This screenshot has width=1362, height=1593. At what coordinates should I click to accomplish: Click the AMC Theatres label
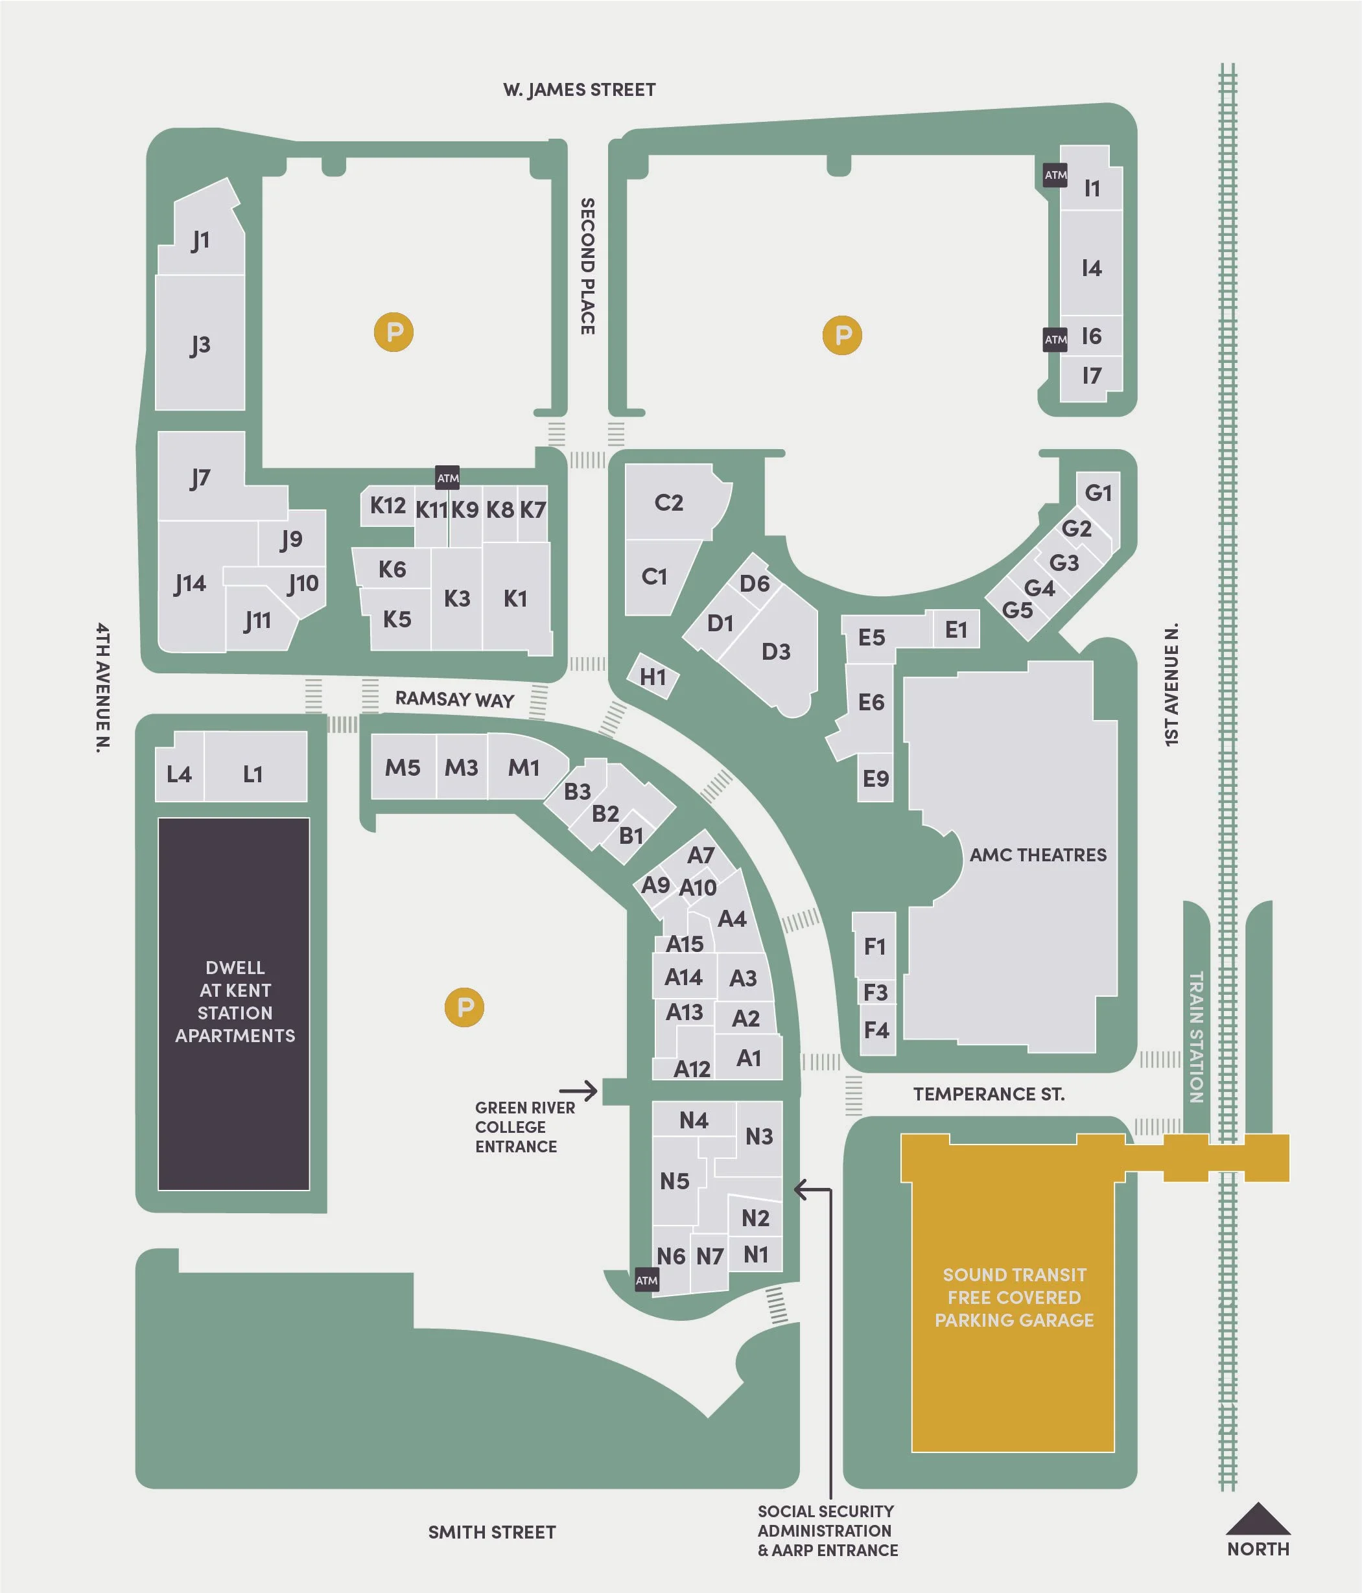[x=1037, y=855]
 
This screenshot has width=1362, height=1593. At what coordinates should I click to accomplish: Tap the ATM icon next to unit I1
[x=1055, y=175]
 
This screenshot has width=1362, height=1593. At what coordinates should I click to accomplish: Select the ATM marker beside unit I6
[x=1055, y=340]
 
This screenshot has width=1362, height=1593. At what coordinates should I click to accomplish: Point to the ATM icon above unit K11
[x=447, y=478]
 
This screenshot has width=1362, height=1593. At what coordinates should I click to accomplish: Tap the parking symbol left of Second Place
[x=393, y=332]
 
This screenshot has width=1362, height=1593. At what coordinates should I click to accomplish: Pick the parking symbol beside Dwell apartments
[x=465, y=1007]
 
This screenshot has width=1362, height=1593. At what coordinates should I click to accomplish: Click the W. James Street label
[x=579, y=90]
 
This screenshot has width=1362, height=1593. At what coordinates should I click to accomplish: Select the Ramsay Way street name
[x=454, y=700]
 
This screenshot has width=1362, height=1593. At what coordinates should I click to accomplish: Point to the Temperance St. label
[x=989, y=1094]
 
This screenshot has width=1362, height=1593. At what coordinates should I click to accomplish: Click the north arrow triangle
[x=1258, y=1519]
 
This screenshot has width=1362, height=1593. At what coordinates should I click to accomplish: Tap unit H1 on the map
[x=653, y=677]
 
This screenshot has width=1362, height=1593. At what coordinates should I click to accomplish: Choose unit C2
[x=669, y=503]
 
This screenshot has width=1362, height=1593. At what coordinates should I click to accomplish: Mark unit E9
[x=875, y=779]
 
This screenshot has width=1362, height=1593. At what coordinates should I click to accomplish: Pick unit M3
[x=462, y=767]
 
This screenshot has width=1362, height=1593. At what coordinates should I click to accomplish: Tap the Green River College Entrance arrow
[x=578, y=1090]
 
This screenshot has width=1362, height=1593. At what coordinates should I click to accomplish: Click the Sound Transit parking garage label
[x=1015, y=1297]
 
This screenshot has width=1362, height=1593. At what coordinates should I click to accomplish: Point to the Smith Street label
[x=491, y=1532]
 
